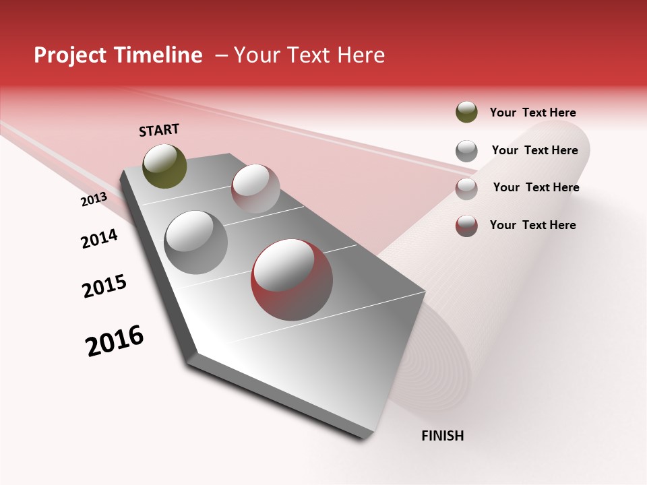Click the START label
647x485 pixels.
159,130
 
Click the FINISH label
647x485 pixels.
442,436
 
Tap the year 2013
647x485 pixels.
94,199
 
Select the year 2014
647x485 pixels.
99,238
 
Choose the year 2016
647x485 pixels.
115,340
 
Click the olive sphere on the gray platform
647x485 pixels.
164,166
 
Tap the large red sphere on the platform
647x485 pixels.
292,279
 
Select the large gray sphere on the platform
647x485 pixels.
195,243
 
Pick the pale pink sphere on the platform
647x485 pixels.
255,189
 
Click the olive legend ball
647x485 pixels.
466,112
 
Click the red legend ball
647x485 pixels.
466,226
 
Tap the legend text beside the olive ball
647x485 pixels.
532,112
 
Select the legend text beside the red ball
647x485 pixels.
532,225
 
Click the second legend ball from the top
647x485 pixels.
466,151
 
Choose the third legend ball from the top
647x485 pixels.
466,188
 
